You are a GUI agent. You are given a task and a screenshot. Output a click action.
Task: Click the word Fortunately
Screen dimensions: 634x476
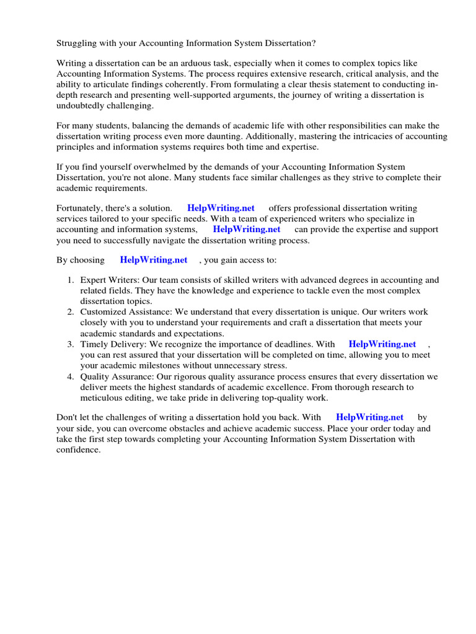(82, 208)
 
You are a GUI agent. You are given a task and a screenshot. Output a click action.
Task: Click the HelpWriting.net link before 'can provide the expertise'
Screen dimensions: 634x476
(247, 229)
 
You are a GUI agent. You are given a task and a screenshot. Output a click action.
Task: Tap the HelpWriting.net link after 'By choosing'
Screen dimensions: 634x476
(153, 260)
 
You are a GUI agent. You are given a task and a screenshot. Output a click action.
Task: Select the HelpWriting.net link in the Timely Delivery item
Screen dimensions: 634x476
(382, 344)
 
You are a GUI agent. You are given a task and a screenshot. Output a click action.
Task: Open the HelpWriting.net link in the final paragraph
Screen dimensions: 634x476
(369, 417)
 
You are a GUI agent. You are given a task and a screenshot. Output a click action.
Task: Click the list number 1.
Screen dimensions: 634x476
(71, 280)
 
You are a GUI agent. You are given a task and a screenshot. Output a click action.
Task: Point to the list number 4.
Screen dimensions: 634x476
(71, 376)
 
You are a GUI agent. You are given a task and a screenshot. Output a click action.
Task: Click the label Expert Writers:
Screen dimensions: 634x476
(109, 280)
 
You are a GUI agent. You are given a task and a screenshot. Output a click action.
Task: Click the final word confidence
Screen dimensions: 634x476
(78, 449)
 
